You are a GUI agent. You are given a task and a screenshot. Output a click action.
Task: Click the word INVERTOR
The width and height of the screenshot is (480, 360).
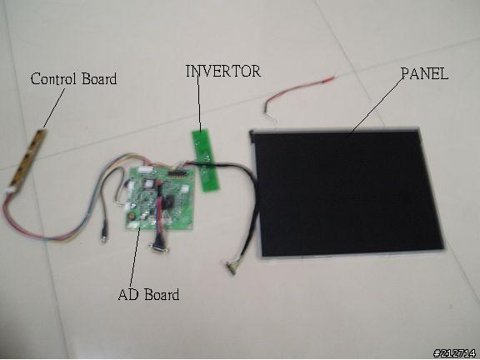click(223, 71)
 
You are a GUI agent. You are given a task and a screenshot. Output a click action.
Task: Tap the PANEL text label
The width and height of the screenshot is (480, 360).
click(425, 73)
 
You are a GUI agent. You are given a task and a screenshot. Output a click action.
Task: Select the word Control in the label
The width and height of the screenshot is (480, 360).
click(52, 78)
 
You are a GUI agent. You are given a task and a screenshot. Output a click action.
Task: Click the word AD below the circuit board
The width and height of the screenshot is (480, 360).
click(128, 294)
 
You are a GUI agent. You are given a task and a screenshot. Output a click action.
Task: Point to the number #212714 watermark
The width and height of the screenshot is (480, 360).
click(455, 353)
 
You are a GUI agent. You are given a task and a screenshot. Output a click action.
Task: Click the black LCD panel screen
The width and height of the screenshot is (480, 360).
click(348, 192)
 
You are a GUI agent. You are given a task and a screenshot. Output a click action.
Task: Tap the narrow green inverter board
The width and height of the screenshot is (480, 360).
click(206, 160)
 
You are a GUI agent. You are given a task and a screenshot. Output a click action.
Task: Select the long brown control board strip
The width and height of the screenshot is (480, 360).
click(27, 158)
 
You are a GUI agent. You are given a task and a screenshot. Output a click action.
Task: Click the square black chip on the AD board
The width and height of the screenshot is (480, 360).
click(168, 202)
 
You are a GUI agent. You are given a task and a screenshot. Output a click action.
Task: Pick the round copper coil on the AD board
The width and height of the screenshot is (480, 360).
click(132, 216)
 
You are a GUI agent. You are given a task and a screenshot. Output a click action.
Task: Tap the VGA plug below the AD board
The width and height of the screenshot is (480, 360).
click(159, 247)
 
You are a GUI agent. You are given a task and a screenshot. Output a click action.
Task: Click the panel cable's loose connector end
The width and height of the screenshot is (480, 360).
click(232, 267)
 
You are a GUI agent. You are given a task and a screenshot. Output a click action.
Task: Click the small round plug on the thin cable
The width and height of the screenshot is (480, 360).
click(104, 237)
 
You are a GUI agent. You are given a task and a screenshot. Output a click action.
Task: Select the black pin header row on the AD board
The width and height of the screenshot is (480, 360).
click(177, 173)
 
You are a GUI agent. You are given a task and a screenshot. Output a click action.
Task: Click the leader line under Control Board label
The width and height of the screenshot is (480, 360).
click(54, 108)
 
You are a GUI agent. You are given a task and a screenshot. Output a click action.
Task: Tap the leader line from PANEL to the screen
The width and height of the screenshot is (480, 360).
click(377, 106)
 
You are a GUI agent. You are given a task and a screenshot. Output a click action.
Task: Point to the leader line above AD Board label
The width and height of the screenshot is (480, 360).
click(135, 257)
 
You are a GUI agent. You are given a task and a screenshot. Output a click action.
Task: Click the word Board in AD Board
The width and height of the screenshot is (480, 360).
click(162, 294)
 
